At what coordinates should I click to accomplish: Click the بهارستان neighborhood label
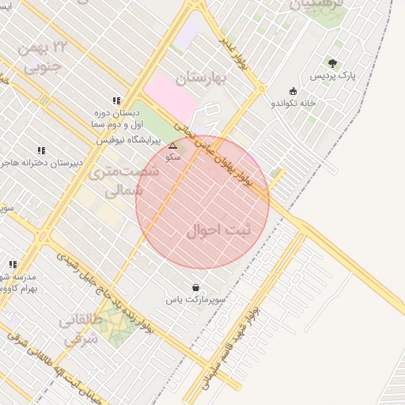point(201,78)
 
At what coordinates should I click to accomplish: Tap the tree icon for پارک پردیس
point(332,63)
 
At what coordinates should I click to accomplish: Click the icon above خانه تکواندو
point(293,90)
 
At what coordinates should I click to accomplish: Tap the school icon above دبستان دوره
point(116,100)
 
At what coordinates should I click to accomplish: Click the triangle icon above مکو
point(172,146)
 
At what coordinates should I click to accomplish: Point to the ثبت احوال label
point(218,230)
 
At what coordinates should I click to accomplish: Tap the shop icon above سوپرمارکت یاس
point(195,287)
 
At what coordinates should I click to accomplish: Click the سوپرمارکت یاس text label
point(195,301)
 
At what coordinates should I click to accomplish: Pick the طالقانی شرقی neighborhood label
point(78,331)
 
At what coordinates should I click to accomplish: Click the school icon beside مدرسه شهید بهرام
point(12,264)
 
